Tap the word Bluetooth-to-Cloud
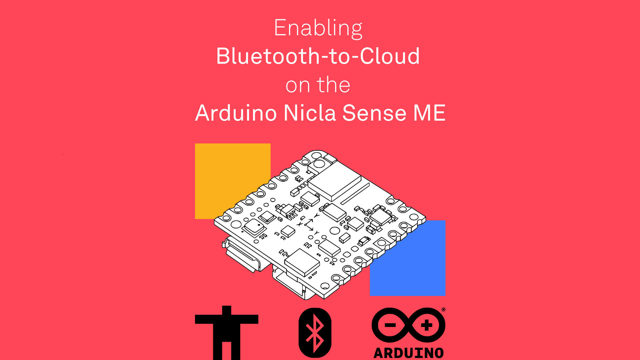coord(318,56)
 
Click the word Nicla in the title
coord(310,113)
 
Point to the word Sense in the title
coord(374,113)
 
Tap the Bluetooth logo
coord(315,333)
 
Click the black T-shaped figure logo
coord(227,330)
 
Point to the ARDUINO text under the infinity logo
coord(409,353)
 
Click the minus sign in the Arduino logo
coord(390,325)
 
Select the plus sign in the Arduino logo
coord(427,325)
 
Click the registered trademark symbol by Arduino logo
coord(443,310)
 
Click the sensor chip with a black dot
coord(255,227)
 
